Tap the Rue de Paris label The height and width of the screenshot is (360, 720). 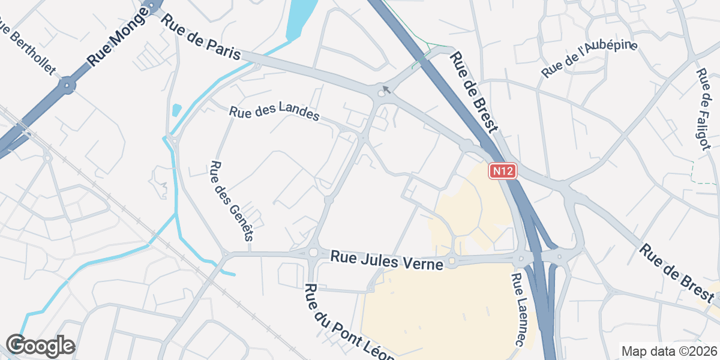pos(201,37)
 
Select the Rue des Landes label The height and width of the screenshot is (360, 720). pos(274,113)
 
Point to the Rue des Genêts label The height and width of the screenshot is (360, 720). pos(230,200)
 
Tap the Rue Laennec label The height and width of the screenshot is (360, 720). pos(520,310)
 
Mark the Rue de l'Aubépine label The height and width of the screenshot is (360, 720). pos(589,59)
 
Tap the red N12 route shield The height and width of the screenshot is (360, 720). pos(502,172)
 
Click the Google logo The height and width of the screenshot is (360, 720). pos(40,346)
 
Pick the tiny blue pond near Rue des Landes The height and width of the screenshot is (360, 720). pos(176,110)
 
